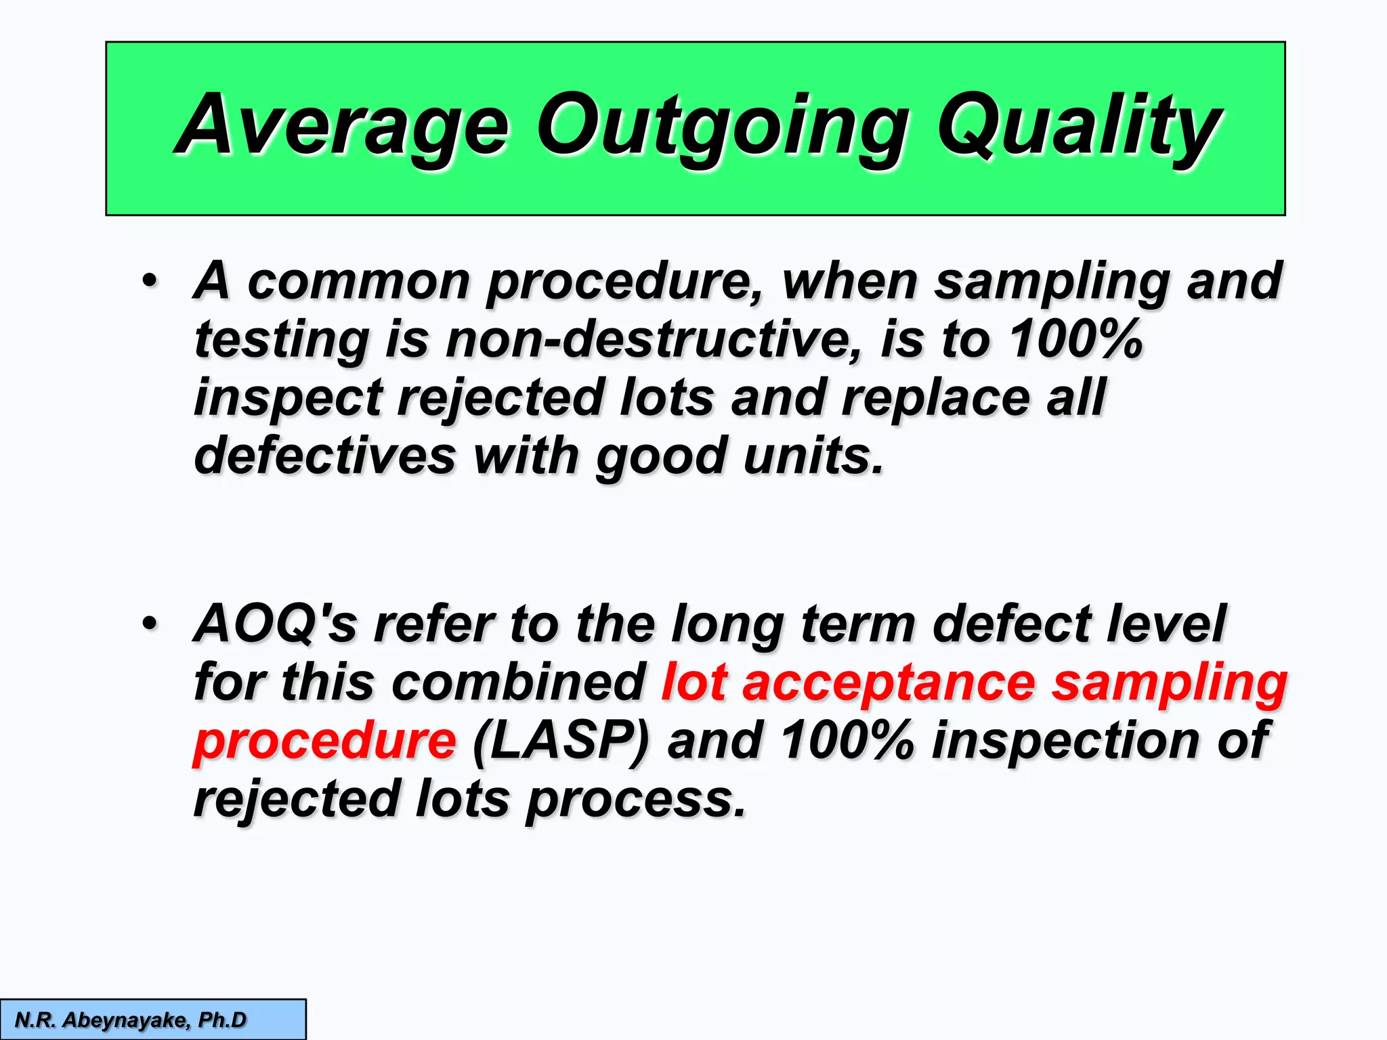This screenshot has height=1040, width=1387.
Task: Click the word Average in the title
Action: click(342, 127)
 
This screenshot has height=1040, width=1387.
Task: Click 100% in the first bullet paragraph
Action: click(1076, 339)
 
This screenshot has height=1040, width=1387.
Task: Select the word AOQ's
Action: click(275, 623)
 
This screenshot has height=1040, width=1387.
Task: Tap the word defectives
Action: click(325, 455)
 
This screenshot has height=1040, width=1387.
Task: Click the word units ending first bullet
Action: click(813, 455)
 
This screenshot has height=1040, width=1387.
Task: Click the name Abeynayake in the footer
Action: click(126, 1020)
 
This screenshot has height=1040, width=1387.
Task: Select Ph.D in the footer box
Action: click(222, 1020)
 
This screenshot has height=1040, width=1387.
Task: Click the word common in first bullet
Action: click(358, 281)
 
